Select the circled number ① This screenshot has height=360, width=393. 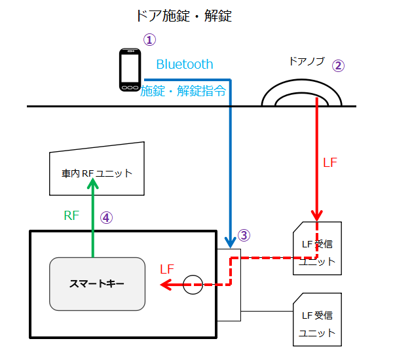click(150, 40)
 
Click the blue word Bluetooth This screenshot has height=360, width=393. click(185, 64)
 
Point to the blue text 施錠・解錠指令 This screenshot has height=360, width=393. click(184, 91)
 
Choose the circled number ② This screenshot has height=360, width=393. click(338, 65)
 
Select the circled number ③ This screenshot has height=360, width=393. click(244, 234)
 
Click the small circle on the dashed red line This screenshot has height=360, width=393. click(193, 285)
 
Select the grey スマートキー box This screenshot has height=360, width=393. click(97, 284)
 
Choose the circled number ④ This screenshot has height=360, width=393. click(107, 218)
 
